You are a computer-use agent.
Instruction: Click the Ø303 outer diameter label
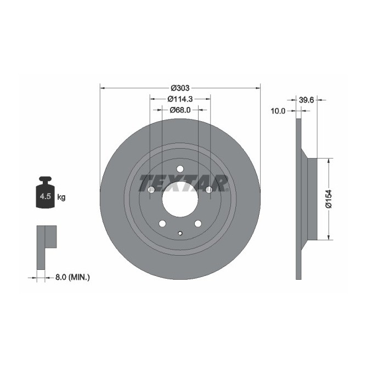pos(179,88)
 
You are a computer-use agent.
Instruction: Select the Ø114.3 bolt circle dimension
pos(179,99)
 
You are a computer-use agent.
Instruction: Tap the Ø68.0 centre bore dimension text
pos(179,110)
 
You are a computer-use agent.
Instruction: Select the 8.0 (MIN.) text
pos(72,278)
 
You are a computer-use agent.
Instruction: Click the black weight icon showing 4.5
pos(44,194)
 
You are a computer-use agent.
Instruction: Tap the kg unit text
pos(61,197)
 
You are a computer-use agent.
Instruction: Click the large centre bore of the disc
pos(179,199)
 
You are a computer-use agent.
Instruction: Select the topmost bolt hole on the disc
pos(180,169)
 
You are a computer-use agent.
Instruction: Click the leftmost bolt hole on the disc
pos(151,190)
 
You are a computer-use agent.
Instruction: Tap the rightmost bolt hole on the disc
pos(208,190)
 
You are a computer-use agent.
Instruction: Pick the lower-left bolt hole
pos(162,223)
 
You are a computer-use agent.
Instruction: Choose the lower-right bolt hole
pos(197,223)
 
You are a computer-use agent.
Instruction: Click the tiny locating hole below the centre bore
pos(180,233)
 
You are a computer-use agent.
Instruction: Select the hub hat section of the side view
pos(312,199)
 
